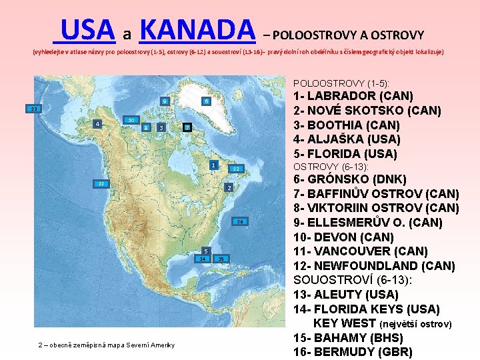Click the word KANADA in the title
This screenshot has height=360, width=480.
tap(199, 29)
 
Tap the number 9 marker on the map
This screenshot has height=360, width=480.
tap(164, 102)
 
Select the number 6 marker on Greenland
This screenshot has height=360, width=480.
tap(207, 101)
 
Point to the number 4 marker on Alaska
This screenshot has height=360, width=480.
tap(98, 124)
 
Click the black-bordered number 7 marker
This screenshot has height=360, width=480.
tap(188, 127)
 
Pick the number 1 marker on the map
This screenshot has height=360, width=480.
tap(212, 165)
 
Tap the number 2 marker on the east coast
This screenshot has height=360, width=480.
tap(228, 189)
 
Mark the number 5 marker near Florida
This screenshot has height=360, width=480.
tap(206, 251)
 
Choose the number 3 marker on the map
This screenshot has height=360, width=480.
tap(161, 127)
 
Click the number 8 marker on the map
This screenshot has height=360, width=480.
tap(145, 127)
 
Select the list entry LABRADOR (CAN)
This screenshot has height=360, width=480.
tap(354, 96)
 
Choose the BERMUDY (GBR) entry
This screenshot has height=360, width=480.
tap(353, 352)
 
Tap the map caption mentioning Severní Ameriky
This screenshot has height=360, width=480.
tap(107, 345)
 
